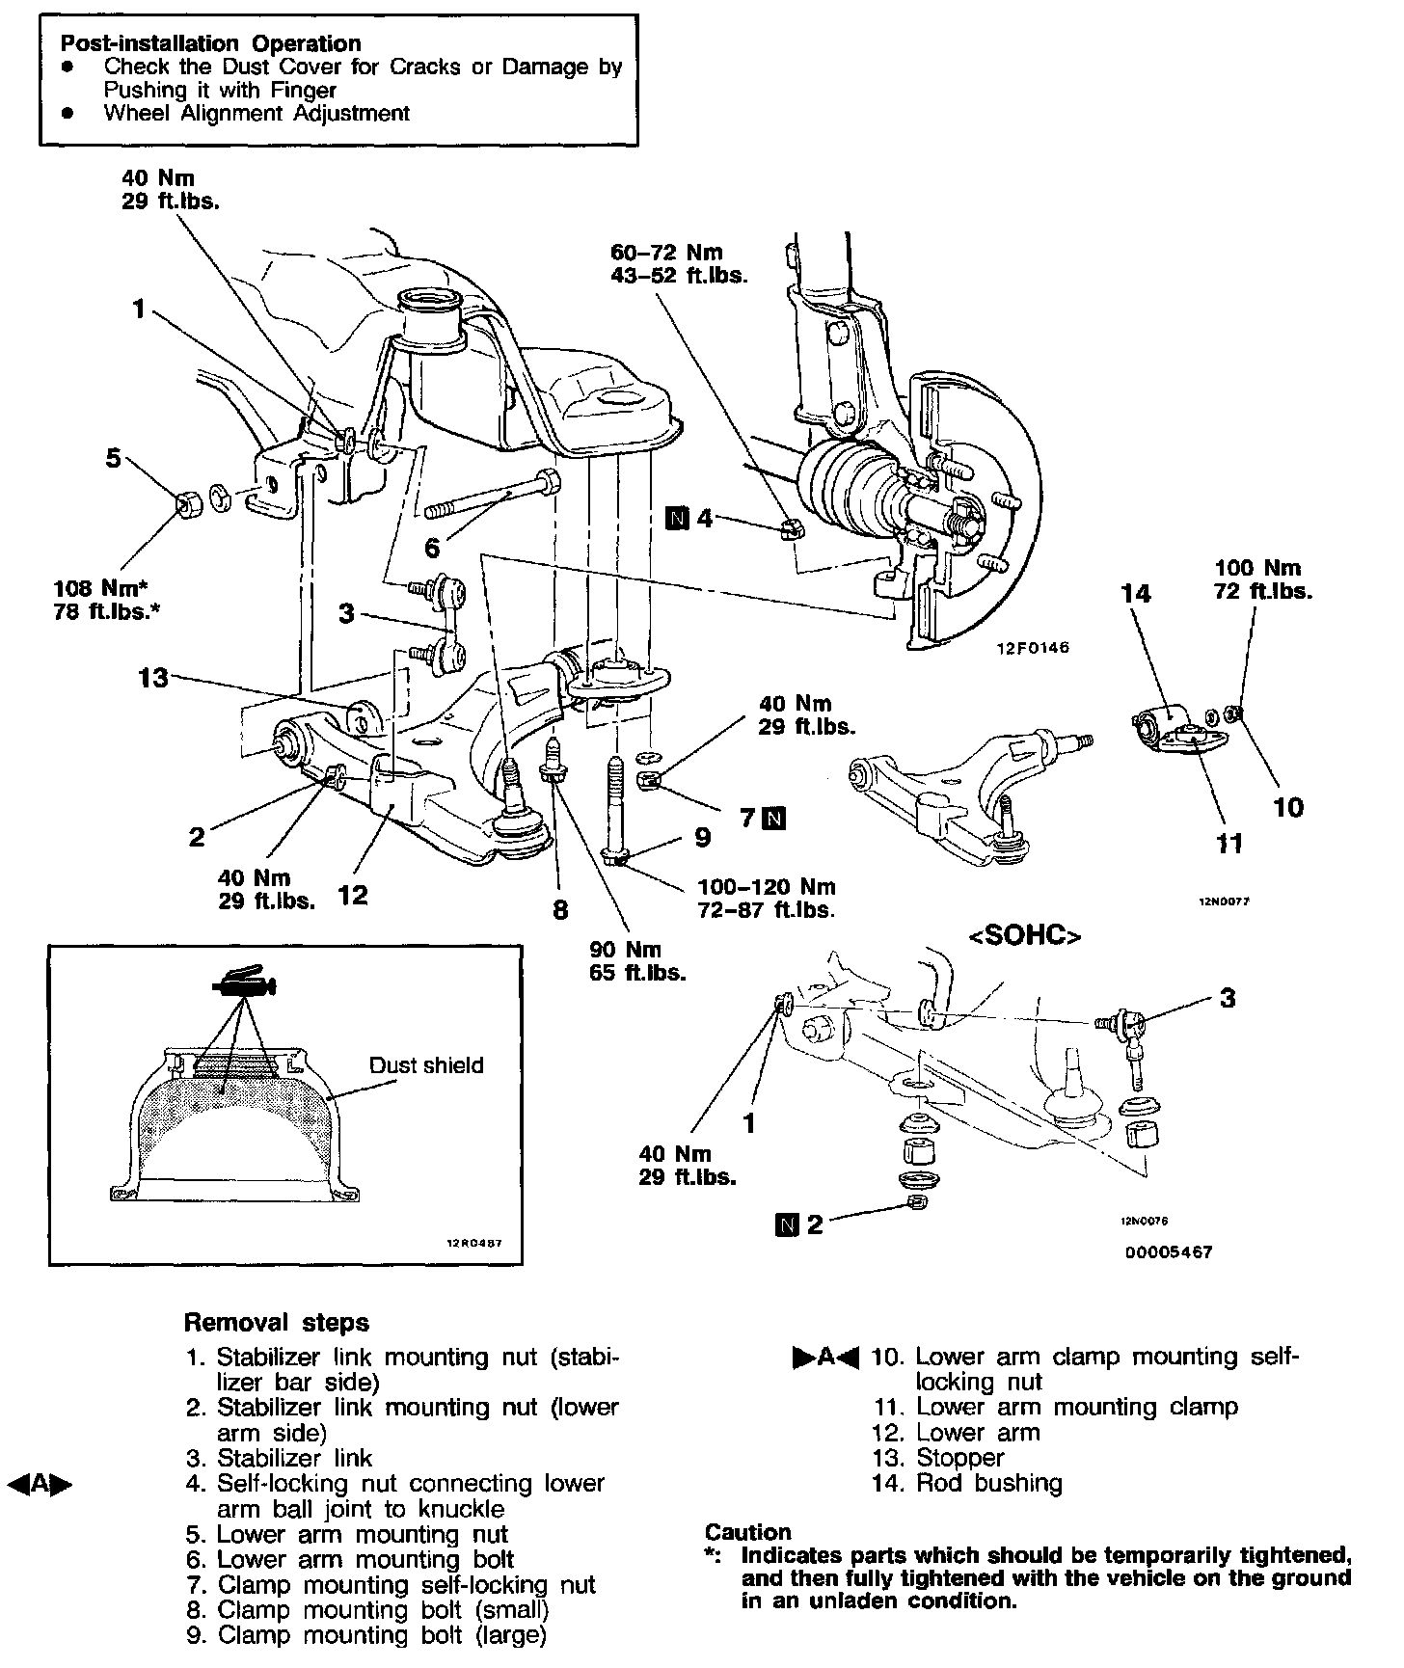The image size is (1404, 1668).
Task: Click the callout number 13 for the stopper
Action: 152,678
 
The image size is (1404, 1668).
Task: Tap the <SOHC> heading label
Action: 1024,936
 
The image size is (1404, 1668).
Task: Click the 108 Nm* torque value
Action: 106,588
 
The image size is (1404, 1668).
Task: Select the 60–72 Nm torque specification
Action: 666,253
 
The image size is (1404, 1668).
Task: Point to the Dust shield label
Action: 426,1065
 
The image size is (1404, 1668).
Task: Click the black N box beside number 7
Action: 773,819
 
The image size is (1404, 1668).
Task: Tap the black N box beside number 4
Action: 678,519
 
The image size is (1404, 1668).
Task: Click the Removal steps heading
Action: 277,1322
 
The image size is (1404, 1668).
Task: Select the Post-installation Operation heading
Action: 210,43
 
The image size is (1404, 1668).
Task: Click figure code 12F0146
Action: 1033,648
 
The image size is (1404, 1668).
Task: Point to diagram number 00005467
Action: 1168,1252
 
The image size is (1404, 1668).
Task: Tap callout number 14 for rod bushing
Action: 1137,593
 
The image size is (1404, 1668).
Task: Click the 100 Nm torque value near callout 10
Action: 1257,568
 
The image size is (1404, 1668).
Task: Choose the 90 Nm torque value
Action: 625,950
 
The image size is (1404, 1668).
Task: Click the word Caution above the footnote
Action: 747,1532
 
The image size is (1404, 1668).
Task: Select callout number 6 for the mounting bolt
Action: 432,549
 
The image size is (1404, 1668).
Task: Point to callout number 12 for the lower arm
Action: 353,896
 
